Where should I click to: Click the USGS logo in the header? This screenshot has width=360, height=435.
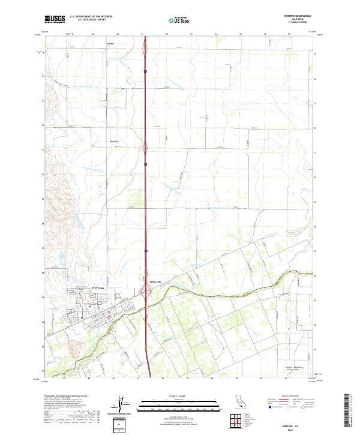coord(55,19)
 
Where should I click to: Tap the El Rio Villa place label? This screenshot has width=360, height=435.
coord(156,282)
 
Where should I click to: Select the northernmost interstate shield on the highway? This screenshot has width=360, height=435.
coord(145,71)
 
